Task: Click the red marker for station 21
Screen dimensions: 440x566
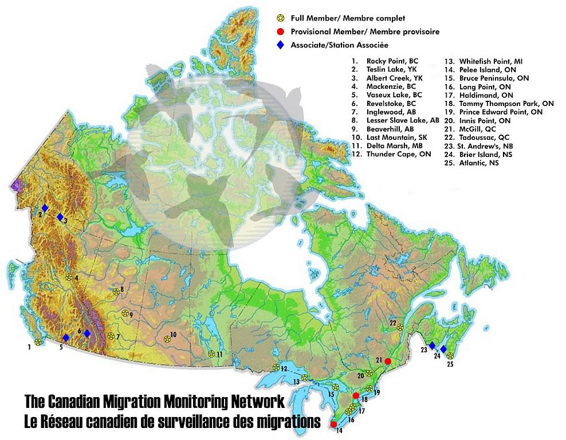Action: point(388,361)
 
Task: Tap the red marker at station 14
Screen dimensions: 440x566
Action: point(334,424)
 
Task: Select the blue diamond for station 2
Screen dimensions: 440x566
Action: point(45,208)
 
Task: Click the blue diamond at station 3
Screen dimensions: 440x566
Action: point(60,217)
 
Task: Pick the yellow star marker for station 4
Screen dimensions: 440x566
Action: point(69,277)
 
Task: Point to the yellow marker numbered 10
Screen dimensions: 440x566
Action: point(167,339)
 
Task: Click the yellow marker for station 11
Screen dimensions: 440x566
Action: point(211,353)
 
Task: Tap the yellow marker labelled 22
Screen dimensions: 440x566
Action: point(400,327)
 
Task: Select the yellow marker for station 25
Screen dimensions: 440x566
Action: point(450,355)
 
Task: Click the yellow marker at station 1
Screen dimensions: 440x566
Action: point(38,342)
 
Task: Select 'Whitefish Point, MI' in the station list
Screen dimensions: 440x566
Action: point(490,61)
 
